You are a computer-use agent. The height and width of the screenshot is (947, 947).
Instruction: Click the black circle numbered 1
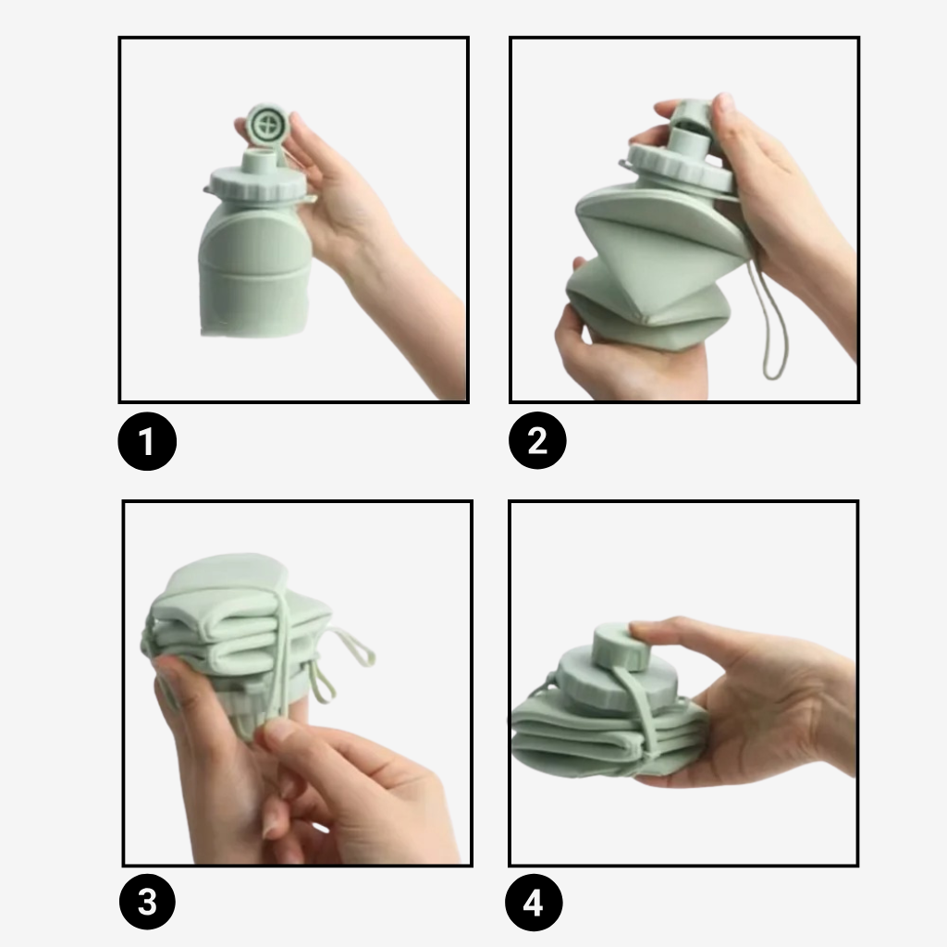pos(147,441)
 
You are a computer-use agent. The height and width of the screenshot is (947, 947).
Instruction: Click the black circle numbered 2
pos(537,439)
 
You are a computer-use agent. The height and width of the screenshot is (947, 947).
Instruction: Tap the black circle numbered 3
pos(147,902)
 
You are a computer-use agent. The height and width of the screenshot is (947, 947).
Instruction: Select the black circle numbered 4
pos(534,903)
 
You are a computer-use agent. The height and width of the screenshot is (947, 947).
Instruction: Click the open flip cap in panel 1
pos(267,125)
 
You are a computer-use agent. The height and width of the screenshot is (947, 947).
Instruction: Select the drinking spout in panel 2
pos(689,139)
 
